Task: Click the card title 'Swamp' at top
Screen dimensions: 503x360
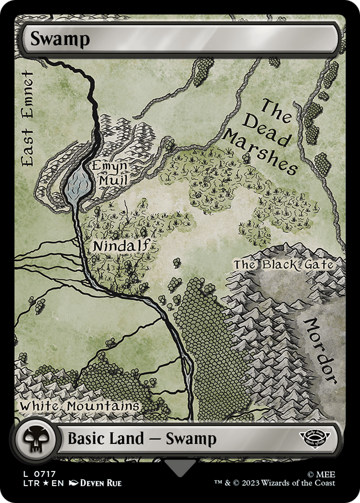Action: tap(60, 39)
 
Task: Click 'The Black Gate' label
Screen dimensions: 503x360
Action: tap(283, 265)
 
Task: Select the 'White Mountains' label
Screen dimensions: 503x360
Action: tap(79, 406)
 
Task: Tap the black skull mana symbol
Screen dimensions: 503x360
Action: tap(34, 439)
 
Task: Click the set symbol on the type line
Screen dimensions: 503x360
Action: tap(314, 439)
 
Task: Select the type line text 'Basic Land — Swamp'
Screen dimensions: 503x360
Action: tap(142, 439)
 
